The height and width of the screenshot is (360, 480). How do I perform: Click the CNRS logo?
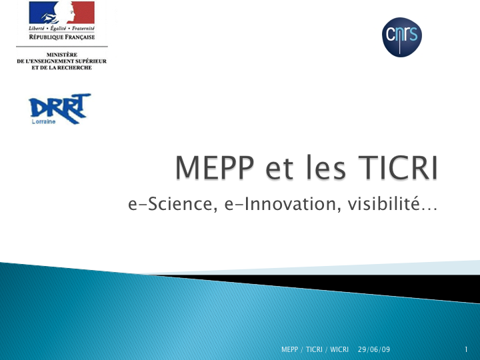[401, 37]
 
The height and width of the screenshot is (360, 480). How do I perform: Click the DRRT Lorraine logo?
[60, 109]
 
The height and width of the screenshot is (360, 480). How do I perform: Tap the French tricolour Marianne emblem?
[62, 13]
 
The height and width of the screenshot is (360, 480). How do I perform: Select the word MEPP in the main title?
[215, 167]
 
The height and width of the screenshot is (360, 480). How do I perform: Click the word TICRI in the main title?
[397, 167]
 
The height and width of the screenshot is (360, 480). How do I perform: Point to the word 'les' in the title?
[326, 167]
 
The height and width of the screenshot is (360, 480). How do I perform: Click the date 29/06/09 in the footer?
[374, 349]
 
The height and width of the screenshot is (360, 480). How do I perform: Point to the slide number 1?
[466, 349]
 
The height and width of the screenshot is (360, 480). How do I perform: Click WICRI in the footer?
[339, 349]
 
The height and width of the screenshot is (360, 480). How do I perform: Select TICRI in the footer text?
[314, 349]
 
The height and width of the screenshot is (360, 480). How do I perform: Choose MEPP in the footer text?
[289, 349]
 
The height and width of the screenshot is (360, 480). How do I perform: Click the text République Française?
[62, 37]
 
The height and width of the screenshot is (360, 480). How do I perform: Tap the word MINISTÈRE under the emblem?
[62, 55]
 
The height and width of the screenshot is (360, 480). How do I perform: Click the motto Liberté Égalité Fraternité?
[62, 29]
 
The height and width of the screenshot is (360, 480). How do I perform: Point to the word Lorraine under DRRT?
[43, 121]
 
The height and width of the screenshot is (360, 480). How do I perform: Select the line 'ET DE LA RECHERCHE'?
[62, 67]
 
